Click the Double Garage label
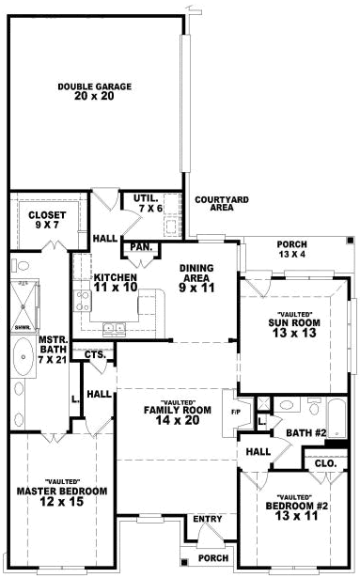94,91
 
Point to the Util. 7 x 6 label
146,202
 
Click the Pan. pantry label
141,247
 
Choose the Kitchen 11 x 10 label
116,283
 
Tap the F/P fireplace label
235,411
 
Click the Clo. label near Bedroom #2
325,463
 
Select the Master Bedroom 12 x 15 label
62,497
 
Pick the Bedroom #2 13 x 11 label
295,511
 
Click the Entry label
207,519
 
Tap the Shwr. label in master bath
21,328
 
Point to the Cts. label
95,354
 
